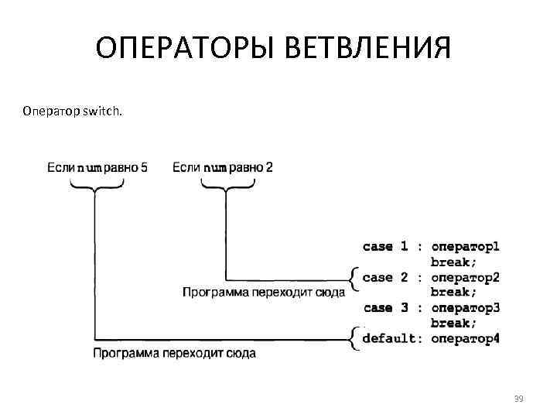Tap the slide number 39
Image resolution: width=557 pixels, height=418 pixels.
coord(518,399)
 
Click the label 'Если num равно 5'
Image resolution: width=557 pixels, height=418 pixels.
coord(97,166)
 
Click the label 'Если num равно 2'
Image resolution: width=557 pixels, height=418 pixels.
coord(223,166)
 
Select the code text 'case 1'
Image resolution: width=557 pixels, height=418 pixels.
coord(385,247)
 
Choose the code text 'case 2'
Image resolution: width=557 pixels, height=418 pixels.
coord(385,277)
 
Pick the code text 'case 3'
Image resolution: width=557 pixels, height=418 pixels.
coord(385,308)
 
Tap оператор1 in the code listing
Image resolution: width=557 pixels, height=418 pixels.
coord(465,247)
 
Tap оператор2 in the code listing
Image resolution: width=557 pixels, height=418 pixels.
coord(465,277)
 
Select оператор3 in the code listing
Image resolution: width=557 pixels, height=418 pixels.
coord(465,308)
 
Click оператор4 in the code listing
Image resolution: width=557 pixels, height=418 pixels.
coord(465,338)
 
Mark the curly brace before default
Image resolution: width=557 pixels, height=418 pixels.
coord(354,338)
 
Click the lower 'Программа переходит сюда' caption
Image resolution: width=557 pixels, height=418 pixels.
coord(174,353)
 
